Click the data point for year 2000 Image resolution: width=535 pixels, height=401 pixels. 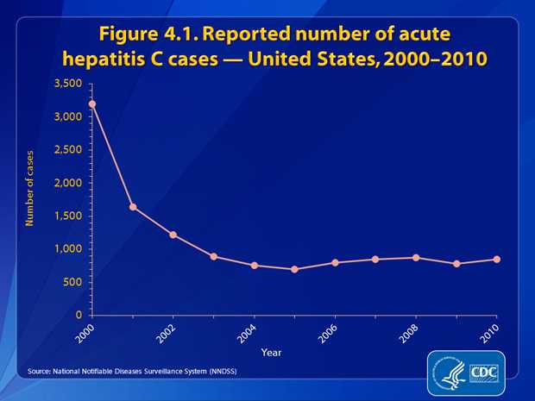tap(92, 103)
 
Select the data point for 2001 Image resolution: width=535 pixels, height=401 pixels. tap(133, 207)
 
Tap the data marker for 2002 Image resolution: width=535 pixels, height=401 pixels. tap(173, 235)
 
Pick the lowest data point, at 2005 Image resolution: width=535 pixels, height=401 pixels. tap(294, 269)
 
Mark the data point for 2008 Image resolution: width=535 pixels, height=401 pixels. tap(416, 257)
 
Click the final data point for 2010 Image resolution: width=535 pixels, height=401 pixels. tap(497, 259)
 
